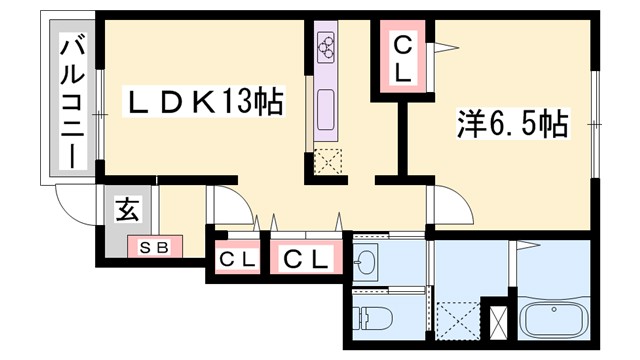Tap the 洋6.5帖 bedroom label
[513, 125]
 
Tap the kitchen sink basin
[326, 106]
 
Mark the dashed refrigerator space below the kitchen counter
[328, 161]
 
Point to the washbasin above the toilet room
[366, 263]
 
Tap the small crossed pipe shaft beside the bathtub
[497, 321]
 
